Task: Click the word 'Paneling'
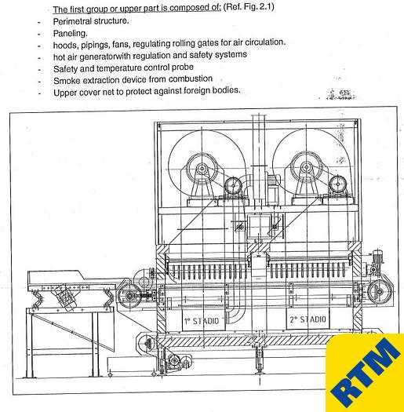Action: click(71, 33)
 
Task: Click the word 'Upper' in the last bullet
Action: click(68, 92)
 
